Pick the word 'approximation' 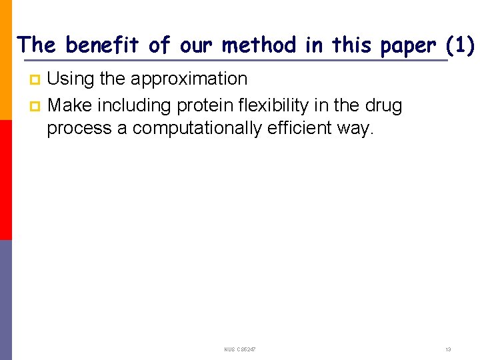(x=189, y=79)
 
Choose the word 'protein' (x=205, y=105)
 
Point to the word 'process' (x=79, y=129)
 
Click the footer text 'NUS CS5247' (x=239, y=349)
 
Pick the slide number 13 (x=448, y=349)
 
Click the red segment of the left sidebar (x=6, y=180)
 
